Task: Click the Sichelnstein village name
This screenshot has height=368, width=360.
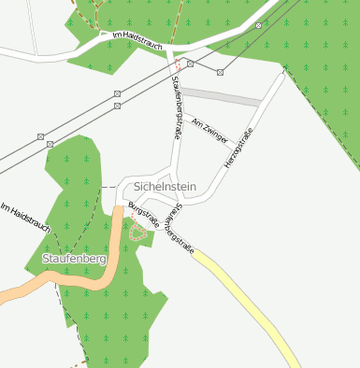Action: [165, 187]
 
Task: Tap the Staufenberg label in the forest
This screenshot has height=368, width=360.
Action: [74, 258]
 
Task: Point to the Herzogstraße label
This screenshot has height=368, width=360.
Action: [239, 149]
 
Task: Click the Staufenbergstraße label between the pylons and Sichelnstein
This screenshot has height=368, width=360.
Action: [177, 108]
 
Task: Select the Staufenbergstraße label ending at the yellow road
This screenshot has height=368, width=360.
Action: [177, 232]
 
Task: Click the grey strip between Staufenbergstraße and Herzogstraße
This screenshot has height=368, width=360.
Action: [220, 96]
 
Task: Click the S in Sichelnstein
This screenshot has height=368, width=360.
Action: [137, 187]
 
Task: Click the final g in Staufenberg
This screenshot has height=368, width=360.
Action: [104, 260]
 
